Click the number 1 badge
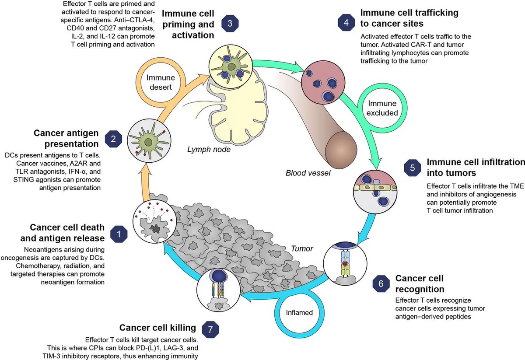pos(119,234)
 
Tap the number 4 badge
pos(346,22)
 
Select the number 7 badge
pos(210,329)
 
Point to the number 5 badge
pos(413,168)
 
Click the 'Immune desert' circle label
pos(161,82)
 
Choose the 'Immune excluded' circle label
pos(382,108)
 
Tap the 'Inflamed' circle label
pos(299,312)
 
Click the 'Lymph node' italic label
pos(209,149)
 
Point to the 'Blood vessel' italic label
pos(308,173)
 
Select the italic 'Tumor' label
pos(302,248)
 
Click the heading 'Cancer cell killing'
pos(157,328)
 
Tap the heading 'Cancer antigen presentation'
pos(66,138)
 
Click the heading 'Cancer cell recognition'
pos(420,283)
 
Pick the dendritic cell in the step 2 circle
pos(148,142)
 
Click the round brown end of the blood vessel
pos(341,150)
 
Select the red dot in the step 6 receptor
pos(345,264)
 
